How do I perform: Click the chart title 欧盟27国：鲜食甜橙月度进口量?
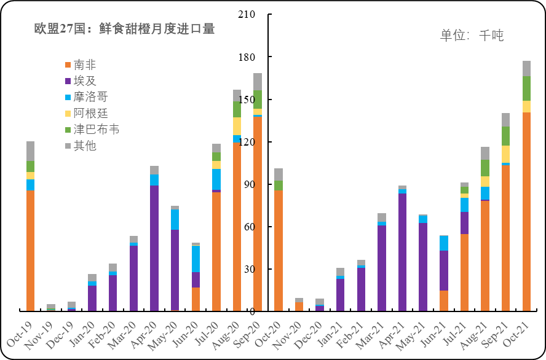click(125, 29)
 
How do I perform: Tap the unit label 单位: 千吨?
click(472, 36)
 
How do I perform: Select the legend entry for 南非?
click(85, 65)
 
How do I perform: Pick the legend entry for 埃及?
click(85, 80)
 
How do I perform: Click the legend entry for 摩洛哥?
click(89, 97)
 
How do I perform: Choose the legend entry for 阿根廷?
click(89, 113)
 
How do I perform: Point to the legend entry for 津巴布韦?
click(95, 130)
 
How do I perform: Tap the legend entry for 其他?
click(85, 146)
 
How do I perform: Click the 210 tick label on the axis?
click(246, 15)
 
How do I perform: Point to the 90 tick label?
click(248, 185)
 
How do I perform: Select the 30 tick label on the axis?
click(248, 270)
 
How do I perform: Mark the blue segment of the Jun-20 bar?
click(196, 259)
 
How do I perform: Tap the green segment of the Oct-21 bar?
click(526, 88)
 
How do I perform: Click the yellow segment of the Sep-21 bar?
click(505, 154)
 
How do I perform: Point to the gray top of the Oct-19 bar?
click(31, 151)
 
